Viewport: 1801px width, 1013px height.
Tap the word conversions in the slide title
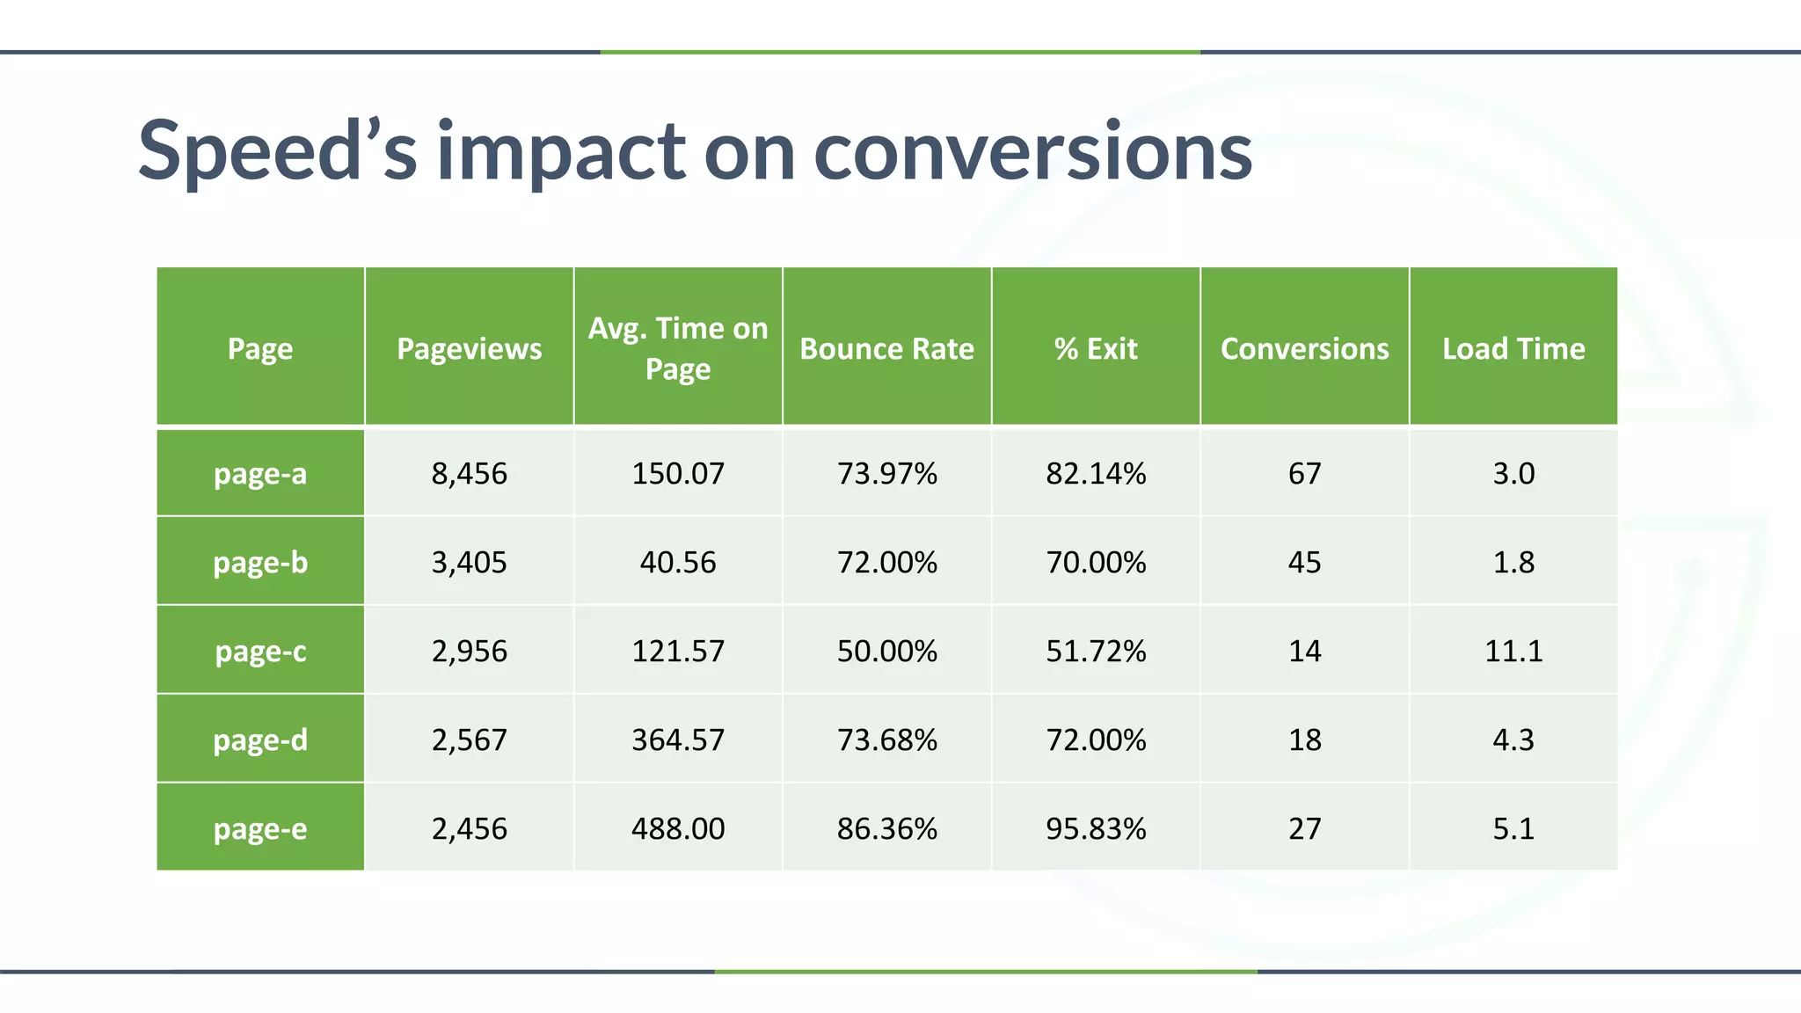[1032, 151]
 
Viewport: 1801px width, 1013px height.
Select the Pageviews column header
[469, 349]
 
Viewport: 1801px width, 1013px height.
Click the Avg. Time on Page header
[678, 348]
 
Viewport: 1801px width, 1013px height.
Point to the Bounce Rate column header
[886, 349]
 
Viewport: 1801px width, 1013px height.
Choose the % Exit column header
[1096, 349]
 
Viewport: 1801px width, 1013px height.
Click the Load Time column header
[1513, 349]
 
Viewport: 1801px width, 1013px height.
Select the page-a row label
[260, 474]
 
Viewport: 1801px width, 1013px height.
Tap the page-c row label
[260, 652]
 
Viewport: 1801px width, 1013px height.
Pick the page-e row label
[260, 829]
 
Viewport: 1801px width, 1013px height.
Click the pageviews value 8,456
[469, 474]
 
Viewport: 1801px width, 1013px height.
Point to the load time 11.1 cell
[1513, 652]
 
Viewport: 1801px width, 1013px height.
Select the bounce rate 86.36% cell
[886, 829]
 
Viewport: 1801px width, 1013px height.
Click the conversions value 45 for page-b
[1304, 563]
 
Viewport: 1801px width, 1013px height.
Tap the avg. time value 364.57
[678, 740]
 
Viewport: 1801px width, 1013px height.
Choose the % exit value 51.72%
[1096, 652]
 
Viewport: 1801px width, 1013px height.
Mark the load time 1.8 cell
[1513, 563]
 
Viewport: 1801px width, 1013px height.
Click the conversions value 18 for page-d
[1304, 740]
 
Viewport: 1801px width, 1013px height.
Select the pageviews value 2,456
[469, 829]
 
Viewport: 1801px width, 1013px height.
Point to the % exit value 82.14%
[1096, 474]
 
